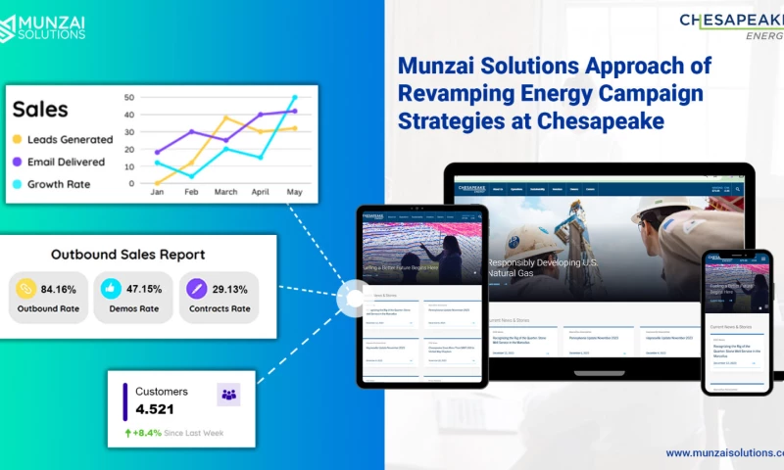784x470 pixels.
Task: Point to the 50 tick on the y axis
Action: coord(128,98)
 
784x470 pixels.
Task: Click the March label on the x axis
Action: coord(225,193)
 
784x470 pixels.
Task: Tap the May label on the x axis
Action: coord(294,193)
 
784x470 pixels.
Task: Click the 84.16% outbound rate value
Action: coord(58,289)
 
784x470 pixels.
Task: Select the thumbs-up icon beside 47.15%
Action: coord(111,289)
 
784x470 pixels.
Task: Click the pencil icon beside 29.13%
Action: coord(197,289)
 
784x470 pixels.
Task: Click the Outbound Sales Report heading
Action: coord(127,255)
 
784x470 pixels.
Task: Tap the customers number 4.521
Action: coord(155,410)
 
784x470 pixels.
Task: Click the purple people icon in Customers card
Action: coord(228,395)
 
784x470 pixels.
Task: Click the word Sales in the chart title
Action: coord(39,109)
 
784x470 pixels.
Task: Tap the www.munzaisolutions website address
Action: coord(725,453)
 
